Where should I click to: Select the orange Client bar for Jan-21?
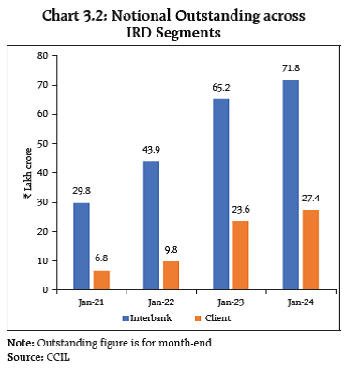tap(101, 280)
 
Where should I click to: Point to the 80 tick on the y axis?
tap(43, 56)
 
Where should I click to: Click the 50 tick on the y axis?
tap(43, 144)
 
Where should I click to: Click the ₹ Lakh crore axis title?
tap(25, 172)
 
